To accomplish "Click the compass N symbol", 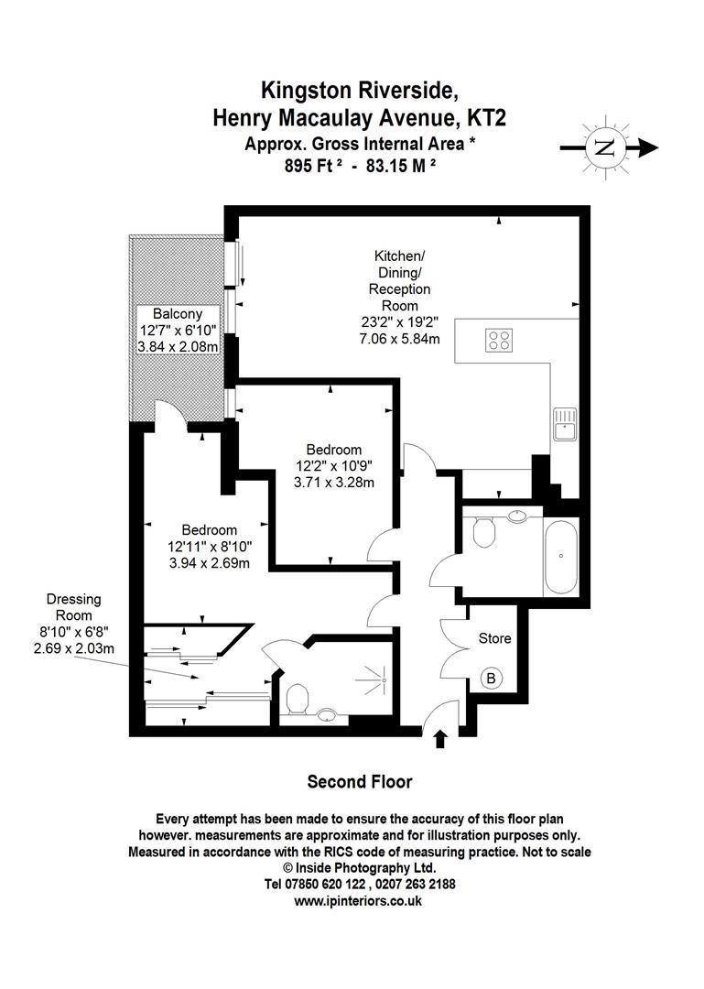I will coord(603,147).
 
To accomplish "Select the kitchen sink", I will coord(564,425).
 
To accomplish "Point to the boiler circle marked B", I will coord(491,679).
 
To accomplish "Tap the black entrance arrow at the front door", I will coord(440,738).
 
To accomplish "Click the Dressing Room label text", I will coord(74,607).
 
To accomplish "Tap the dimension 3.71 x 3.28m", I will coord(333,482).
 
